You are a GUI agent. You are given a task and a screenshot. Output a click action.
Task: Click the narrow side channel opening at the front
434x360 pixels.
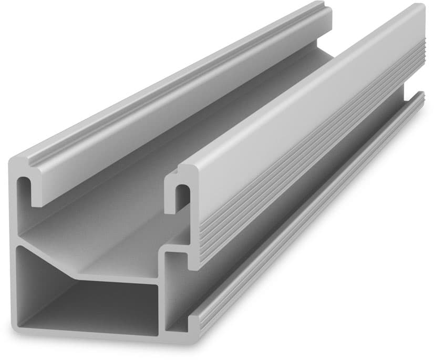pos(176,294)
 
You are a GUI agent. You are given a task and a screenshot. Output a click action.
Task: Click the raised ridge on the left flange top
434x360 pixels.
pos(158,95)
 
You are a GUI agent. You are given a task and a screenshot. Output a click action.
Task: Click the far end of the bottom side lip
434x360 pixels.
pos(420,97)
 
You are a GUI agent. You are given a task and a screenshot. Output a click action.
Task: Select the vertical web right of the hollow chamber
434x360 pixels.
pos(163,294)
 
